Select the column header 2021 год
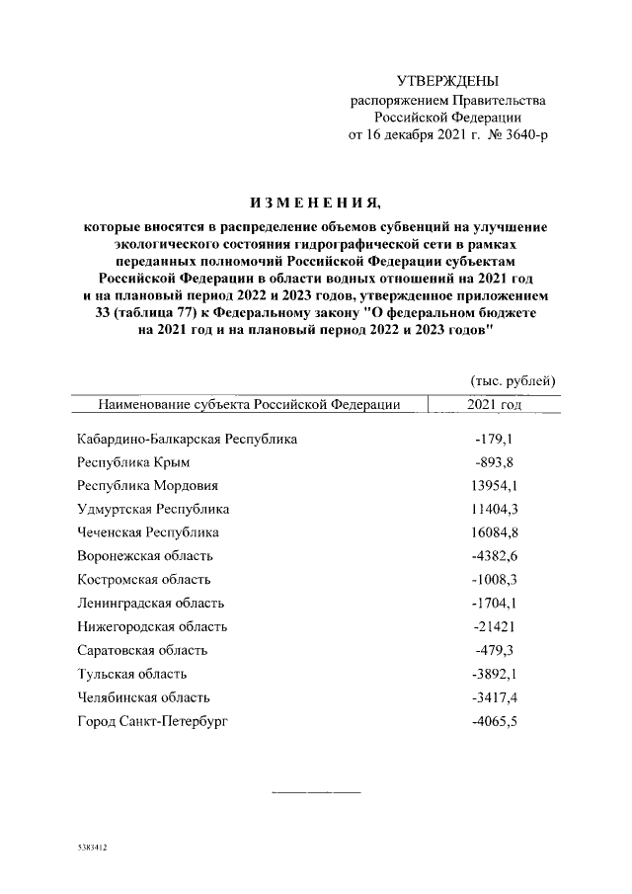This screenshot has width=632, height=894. (x=494, y=404)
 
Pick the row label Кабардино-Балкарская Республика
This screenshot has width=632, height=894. (x=187, y=438)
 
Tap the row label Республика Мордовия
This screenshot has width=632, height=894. (x=147, y=485)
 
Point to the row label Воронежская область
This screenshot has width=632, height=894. (x=144, y=556)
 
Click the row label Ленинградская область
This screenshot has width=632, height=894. (x=150, y=603)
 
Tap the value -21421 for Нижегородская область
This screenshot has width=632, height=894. (x=495, y=626)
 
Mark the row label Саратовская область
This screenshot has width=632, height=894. (x=141, y=650)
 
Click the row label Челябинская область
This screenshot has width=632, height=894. (x=145, y=697)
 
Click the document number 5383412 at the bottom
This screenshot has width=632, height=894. (x=91, y=849)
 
